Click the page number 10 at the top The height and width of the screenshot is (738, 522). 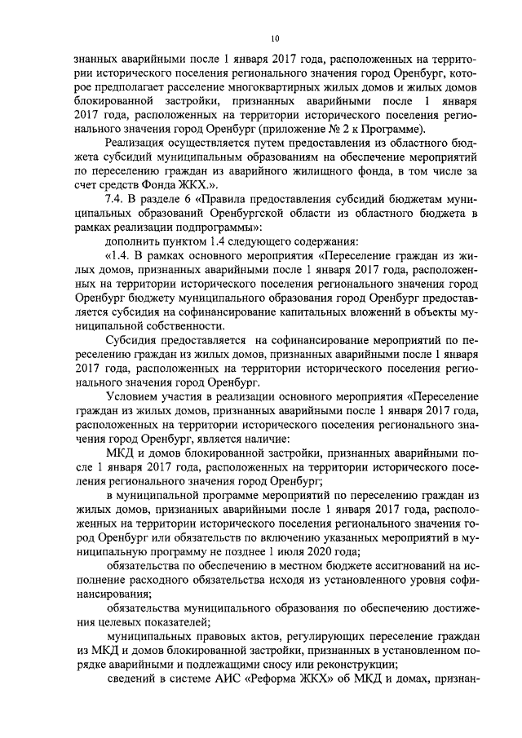point(275,38)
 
